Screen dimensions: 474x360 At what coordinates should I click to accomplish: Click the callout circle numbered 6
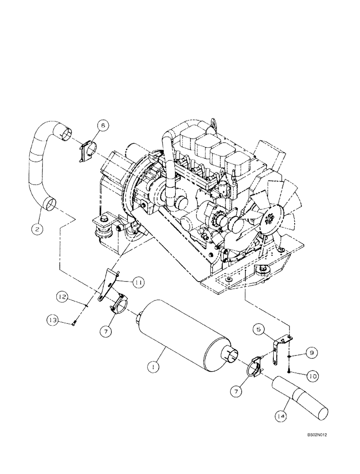[x=103, y=126]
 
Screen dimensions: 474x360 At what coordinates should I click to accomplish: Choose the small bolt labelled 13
[x=74, y=324]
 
